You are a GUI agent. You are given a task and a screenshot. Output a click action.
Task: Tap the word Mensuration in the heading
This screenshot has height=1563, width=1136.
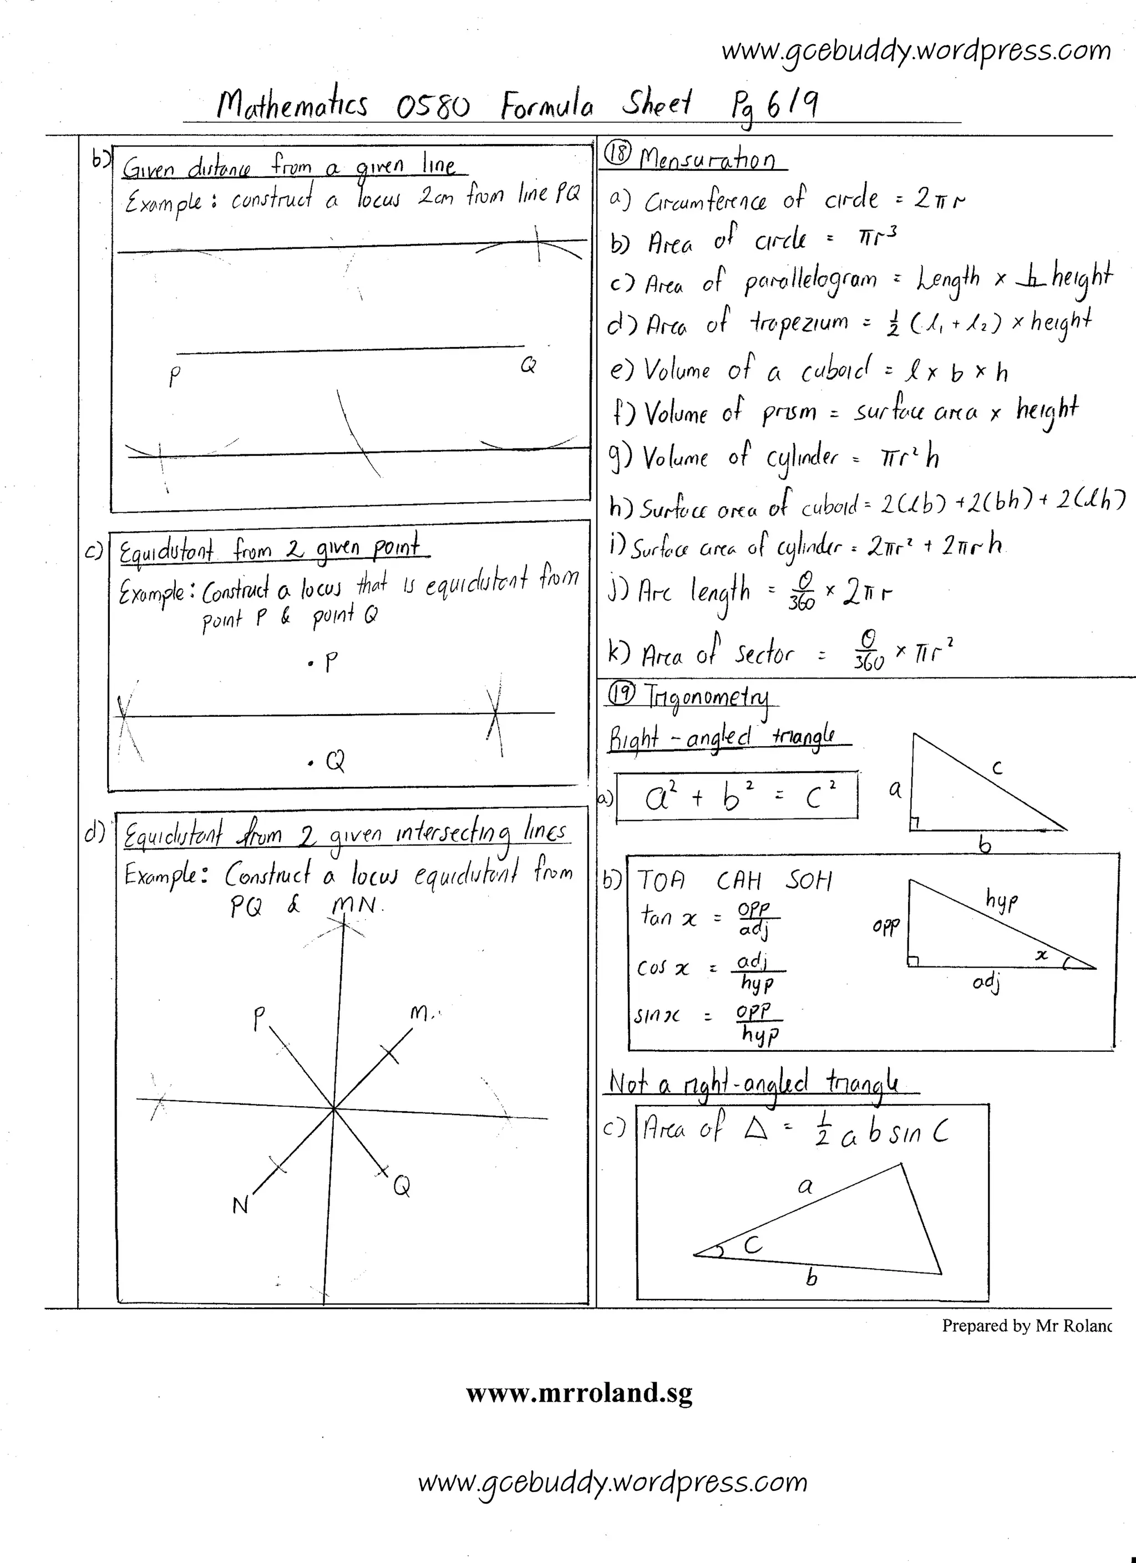click(x=707, y=159)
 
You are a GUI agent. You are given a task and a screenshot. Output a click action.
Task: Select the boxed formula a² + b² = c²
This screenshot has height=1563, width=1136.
click(x=737, y=797)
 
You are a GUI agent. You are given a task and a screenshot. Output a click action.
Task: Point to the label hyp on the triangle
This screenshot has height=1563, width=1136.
click(x=1002, y=899)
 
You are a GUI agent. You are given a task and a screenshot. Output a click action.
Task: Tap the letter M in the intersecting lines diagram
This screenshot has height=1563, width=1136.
click(x=420, y=1013)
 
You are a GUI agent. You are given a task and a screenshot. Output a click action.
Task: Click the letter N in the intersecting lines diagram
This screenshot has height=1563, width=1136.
click(x=240, y=1205)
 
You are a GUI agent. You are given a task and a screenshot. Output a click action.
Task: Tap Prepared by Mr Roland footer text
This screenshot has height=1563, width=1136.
click(x=1026, y=1325)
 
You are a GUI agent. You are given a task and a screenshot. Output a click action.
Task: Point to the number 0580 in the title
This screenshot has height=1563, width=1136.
click(x=433, y=107)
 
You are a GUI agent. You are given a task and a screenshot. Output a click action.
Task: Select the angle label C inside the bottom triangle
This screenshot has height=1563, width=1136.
click(x=753, y=1245)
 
